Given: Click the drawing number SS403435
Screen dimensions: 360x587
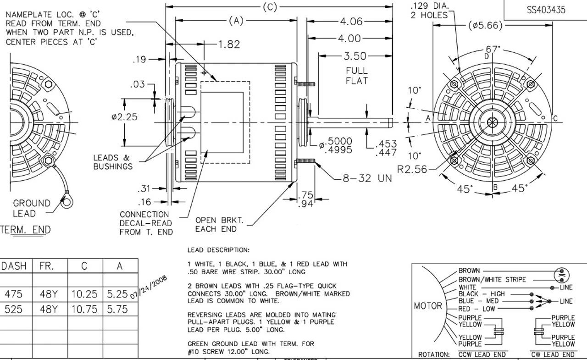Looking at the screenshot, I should [546, 10].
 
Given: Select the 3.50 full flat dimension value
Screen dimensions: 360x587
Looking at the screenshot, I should [355, 56].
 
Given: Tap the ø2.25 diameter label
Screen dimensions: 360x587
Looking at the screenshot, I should [124, 117].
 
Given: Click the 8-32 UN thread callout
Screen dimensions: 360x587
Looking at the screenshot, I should [367, 178].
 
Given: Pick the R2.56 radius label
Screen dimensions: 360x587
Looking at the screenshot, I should [412, 169].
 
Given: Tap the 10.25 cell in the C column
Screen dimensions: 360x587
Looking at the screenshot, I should [84, 294].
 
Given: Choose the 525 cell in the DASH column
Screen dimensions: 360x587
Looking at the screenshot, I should [14, 310].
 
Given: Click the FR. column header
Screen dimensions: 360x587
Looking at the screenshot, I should [47, 266].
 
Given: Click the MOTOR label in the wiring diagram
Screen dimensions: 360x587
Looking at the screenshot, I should [428, 306].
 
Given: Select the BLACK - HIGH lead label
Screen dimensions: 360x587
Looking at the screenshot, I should [481, 294].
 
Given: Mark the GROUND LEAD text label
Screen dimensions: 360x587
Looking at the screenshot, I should [31, 208].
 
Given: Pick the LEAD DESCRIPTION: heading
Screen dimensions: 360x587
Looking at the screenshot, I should [218, 250].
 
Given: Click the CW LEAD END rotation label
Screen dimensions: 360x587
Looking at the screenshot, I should [553, 354].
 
